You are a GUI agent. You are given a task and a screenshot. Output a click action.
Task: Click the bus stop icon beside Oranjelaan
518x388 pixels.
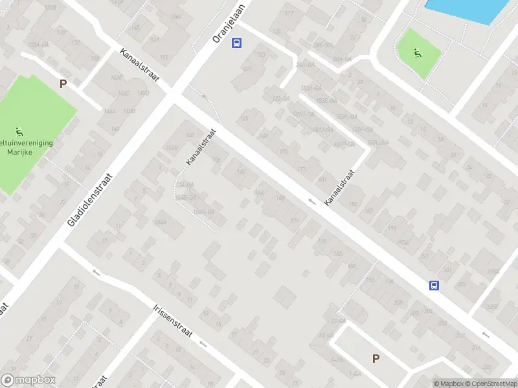coord(237,43)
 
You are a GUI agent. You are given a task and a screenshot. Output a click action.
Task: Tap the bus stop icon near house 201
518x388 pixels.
coord(434,285)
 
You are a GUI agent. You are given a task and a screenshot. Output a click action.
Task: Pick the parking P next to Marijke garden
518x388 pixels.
coord(63,83)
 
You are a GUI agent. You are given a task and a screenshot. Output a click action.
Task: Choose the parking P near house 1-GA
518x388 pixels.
coord(376,358)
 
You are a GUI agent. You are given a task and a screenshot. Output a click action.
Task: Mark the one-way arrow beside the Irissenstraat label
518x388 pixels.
coord(96,272)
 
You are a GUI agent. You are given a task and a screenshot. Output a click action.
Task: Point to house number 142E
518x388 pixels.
coord(117,77)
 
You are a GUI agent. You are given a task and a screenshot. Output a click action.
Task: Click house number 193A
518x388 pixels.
coord(403,242)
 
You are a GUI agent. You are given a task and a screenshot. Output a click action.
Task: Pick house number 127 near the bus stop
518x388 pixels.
coord(246,69)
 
